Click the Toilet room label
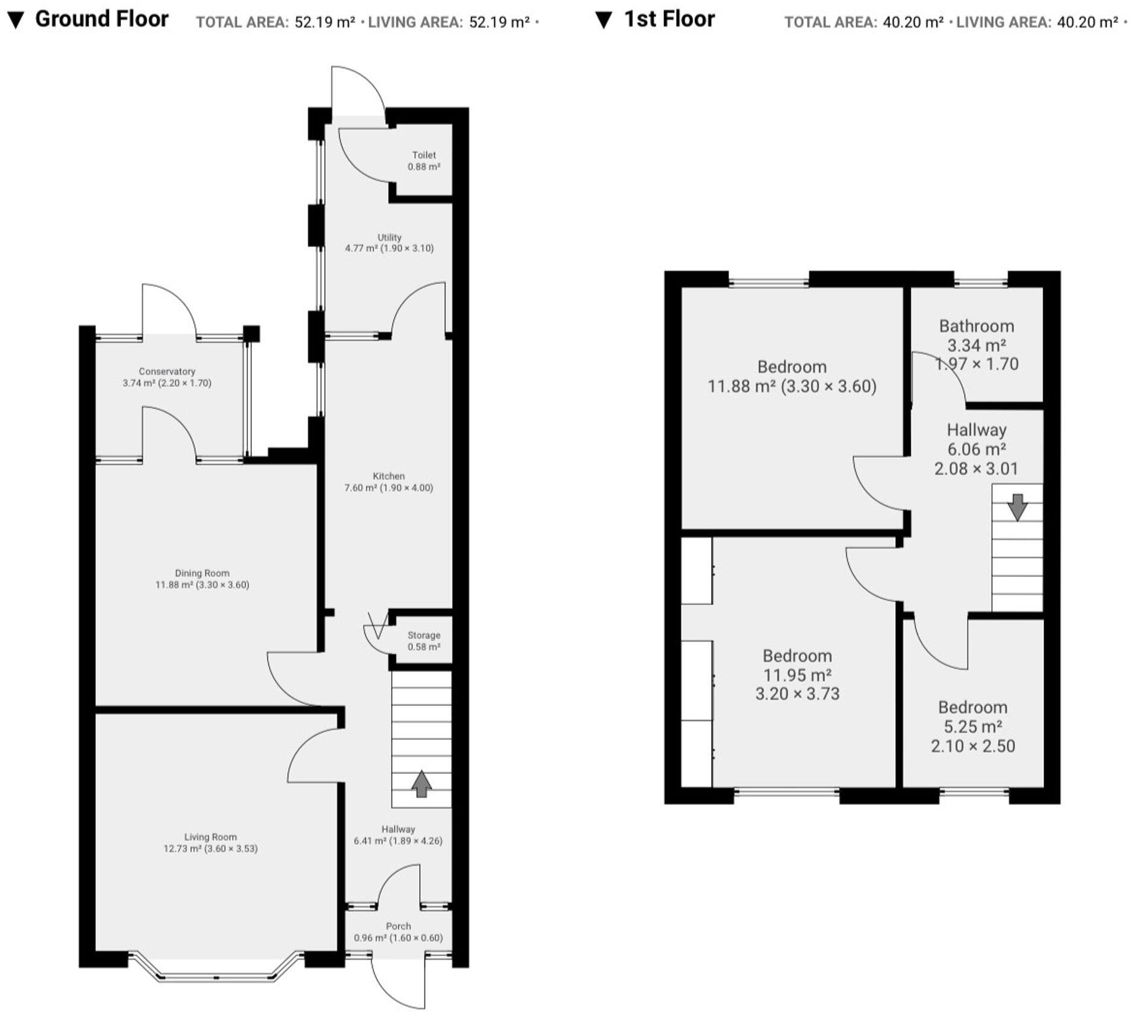[x=424, y=155]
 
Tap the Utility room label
[x=390, y=237]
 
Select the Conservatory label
[x=167, y=372]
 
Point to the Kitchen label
[x=389, y=476]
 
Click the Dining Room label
[x=202, y=573]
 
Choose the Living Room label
[x=211, y=837]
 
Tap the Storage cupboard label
[x=424, y=636]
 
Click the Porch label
[x=399, y=926]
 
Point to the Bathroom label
[x=977, y=326]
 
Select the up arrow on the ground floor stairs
[x=421, y=784]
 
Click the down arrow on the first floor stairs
[x=1018, y=507]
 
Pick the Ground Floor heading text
[x=102, y=19]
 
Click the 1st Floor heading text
[x=670, y=19]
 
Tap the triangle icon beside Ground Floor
[x=15, y=20]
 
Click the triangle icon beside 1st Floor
[x=603, y=20]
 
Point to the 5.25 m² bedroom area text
[x=973, y=726]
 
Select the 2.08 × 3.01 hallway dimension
[x=976, y=469]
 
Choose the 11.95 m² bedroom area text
[x=798, y=675]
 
